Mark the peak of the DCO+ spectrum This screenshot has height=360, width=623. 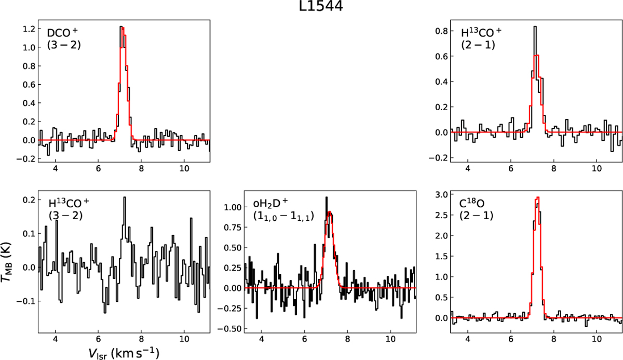[x=121, y=26]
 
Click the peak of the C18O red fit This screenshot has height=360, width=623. [x=538, y=197]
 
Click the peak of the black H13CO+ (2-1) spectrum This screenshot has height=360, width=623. [x=535, y=26]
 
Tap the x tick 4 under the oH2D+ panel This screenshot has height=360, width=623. [x=261, y=341]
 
